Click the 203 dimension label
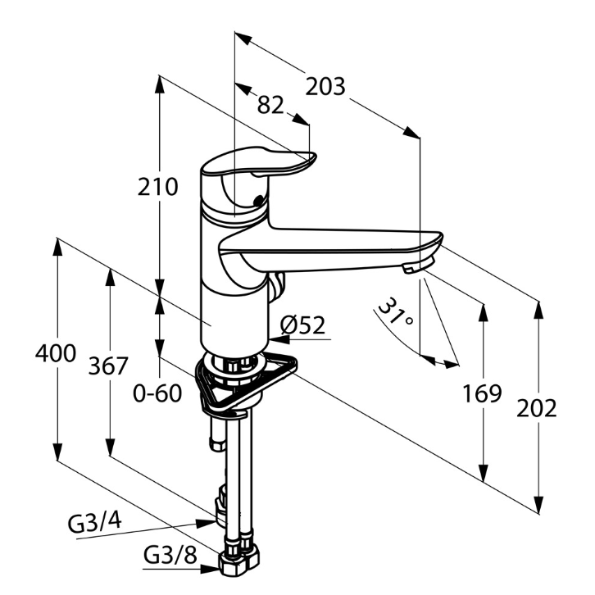click(325, 87)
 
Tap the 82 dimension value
click(270, 105)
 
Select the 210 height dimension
click(157, 187)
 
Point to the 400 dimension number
click(56, 354)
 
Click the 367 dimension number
click(108, 366)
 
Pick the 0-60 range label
click(157, 393)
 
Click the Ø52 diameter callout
click(302, 325)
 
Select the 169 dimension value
click(482, 393)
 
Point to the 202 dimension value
click(536, 408)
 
